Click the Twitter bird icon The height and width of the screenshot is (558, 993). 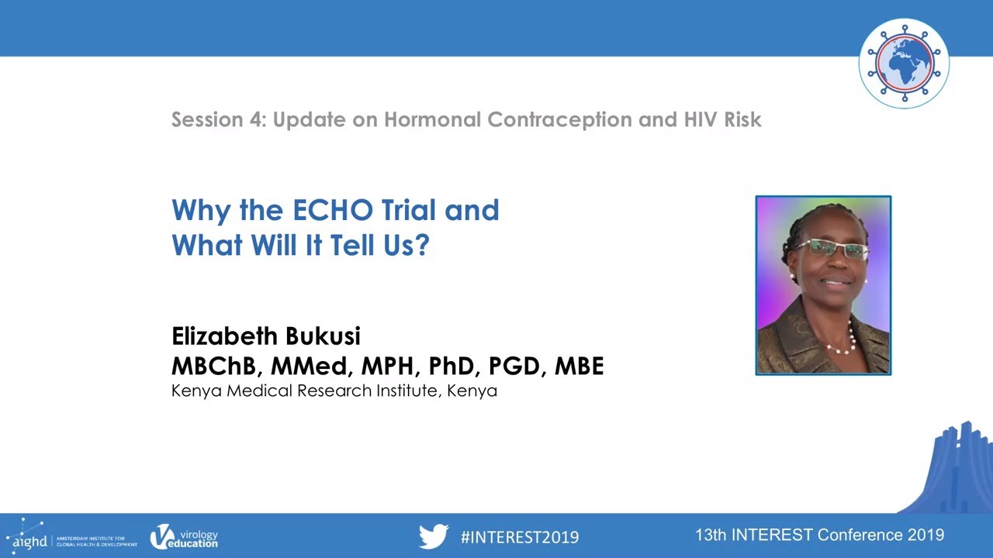(434, 536)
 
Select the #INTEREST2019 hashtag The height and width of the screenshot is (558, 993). (519, 536)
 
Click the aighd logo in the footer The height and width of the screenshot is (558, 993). (27, 536)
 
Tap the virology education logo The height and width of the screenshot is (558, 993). (184, 536)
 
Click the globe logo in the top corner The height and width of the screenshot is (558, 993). (904, 63)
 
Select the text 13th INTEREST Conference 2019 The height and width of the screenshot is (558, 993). (819, 535)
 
